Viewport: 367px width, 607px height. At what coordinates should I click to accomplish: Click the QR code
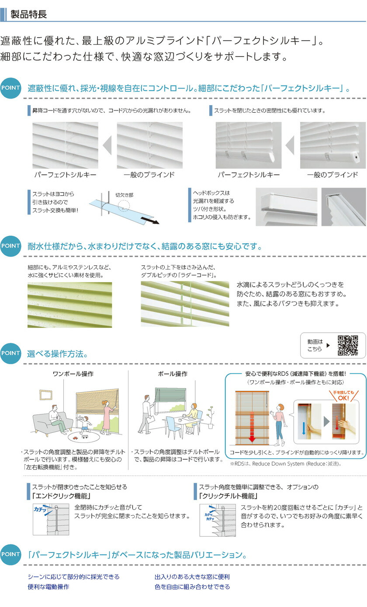348,345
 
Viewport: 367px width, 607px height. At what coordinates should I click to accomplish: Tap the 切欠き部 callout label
124,196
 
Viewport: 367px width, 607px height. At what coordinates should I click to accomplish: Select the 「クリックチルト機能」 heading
228,496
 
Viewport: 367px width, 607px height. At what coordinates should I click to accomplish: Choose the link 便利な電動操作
48,586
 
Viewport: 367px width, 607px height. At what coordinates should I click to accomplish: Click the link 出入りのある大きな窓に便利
192,577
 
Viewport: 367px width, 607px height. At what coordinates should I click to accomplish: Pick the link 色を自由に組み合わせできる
192,586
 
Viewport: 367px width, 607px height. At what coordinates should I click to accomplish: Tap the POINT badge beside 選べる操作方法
10,353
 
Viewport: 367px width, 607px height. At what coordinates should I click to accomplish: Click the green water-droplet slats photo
69,305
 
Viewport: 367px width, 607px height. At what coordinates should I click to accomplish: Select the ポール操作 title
172,374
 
